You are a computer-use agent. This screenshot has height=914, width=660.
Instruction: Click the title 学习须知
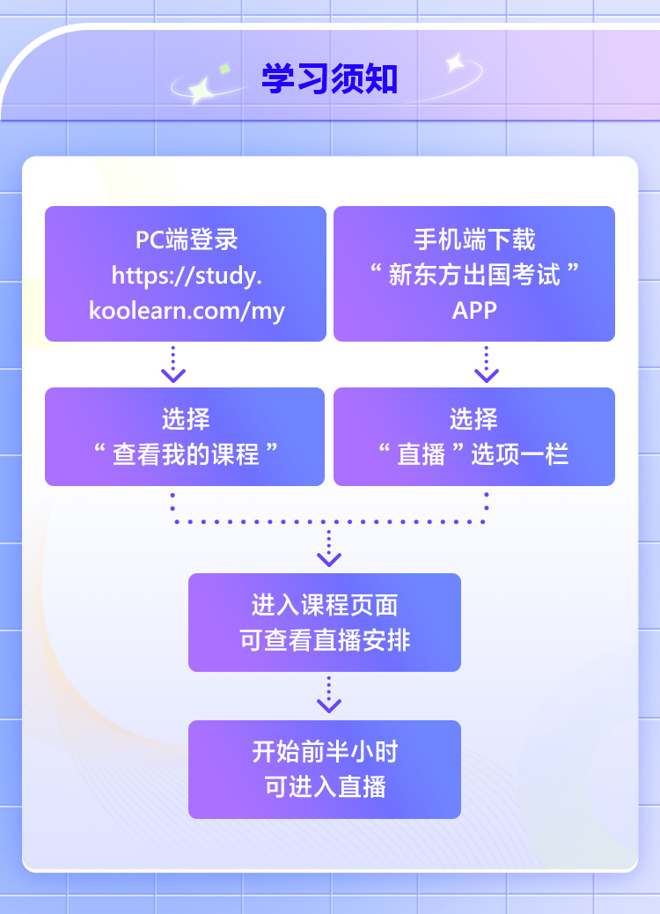[330, 78]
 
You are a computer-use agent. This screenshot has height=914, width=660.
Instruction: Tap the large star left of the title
[202, 91]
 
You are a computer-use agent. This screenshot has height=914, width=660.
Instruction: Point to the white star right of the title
[455, 63]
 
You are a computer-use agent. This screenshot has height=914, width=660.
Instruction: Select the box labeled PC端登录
[186, 273]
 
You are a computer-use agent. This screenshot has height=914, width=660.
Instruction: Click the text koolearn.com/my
[187, 311]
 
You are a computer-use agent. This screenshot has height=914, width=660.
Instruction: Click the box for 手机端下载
[474, 273]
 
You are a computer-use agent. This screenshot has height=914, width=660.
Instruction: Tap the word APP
[474, 311]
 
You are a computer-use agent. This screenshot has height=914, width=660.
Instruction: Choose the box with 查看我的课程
[185, 437]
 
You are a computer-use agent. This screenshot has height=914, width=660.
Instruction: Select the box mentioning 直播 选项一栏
[474, 437]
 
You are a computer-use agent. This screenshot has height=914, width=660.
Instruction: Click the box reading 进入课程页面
[325, 623]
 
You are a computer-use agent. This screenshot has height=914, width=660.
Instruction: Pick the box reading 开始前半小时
[325, 770]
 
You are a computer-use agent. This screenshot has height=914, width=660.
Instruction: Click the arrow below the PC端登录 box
[173, 365]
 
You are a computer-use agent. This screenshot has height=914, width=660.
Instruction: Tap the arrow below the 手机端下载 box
[487, 365]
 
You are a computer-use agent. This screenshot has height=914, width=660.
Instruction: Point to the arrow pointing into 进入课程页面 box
[329, 548]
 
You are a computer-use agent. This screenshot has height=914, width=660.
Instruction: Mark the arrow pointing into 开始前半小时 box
[329, 695]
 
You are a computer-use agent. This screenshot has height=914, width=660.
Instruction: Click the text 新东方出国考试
[474, 275]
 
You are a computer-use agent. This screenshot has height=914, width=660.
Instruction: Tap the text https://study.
[187, 275]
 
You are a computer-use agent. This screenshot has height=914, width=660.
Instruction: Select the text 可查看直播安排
[325, 640]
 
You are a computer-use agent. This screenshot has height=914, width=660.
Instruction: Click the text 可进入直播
[325, 787]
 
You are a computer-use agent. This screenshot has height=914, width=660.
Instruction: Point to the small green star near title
[224, 69]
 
